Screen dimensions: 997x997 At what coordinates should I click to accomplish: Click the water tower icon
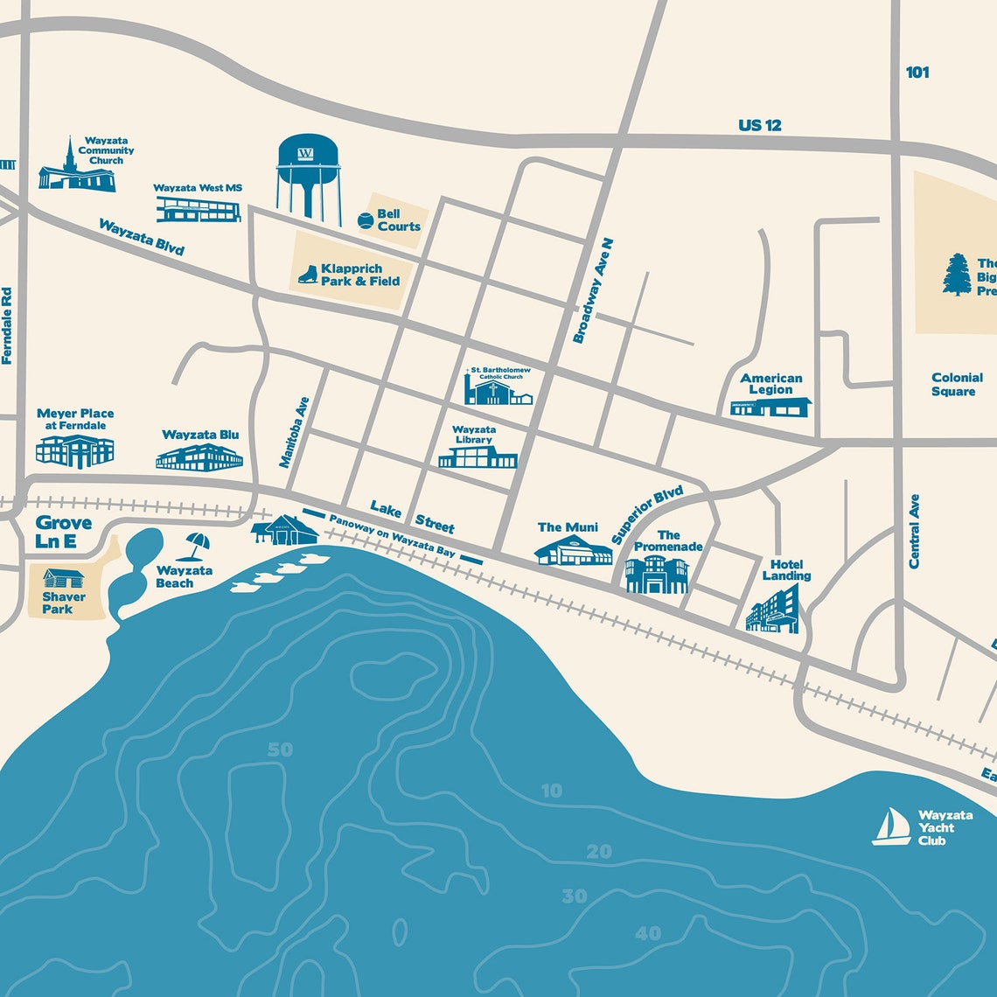307,175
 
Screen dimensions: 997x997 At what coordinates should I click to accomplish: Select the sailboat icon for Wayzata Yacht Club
891,826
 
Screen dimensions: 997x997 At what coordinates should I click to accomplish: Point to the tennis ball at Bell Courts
365,220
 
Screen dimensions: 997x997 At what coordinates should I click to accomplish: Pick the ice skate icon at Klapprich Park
307,275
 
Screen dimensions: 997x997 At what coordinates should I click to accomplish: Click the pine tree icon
957,275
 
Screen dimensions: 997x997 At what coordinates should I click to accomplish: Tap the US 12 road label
759,125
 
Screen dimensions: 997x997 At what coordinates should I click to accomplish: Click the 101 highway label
917,73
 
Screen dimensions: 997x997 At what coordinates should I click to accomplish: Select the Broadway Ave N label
593,290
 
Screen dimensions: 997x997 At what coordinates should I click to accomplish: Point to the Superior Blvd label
647,515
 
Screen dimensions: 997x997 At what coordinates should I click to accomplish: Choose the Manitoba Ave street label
295,432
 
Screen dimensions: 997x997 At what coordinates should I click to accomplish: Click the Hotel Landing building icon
772,609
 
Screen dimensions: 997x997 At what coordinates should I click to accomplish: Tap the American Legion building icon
770,407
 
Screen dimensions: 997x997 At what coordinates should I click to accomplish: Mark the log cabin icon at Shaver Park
64,579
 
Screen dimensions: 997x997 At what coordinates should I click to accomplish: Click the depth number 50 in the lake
281,749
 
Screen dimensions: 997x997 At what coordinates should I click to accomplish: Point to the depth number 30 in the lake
575,896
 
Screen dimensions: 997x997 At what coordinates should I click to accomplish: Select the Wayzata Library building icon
478,457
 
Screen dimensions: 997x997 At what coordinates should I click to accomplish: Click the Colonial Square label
957,384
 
